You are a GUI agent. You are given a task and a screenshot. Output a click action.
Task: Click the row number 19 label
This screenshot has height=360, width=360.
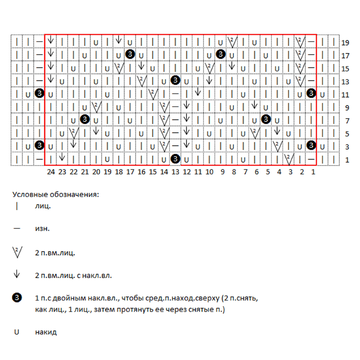pyautogui.click(x=345, y=43)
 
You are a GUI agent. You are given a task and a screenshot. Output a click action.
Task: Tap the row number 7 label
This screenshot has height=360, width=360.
pyautogui.click(x=347, y=121)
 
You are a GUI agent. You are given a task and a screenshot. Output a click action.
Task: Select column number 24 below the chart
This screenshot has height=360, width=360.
pyautogui.click(x=51, y=172)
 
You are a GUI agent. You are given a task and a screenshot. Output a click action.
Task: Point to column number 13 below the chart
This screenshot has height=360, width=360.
pyautogui.click(x=175, y=172)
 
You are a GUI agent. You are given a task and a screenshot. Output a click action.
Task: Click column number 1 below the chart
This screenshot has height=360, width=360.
pyautogui.click(x=313, y=172)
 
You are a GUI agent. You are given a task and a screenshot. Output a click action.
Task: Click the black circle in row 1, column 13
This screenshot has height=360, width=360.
pyautogui.click(x=175, y=158)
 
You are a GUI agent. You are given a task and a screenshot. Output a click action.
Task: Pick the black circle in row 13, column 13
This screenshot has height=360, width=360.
pyautogui.click(x=175, y=80)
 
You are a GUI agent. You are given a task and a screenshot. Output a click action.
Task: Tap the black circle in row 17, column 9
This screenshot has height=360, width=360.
pyautogui.click(x=220, y=54)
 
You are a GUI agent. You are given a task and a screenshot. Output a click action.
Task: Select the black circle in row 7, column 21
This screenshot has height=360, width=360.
pyautogui.click(x=85, y=119)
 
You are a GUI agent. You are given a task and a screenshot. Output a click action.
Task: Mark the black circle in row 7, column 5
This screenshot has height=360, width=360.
pyautogui.click(x=266, y=119)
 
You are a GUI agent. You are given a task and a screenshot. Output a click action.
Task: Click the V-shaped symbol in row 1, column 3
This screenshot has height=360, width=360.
pyautogui.click(x=289, y=159)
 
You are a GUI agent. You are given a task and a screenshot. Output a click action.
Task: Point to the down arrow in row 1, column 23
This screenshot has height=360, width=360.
pyautogui.click(x=62, y=157)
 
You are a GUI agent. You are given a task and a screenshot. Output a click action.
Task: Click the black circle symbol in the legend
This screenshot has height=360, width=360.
pyautogui.click(x=17, y=298)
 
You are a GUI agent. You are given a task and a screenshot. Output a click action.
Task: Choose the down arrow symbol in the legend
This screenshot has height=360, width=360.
pyautogui.click(x=17, y=274)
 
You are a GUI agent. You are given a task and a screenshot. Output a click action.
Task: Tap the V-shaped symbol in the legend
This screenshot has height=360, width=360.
pyautogui.click(x=17, y=252)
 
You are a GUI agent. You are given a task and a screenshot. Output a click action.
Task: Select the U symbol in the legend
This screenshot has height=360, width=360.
pyautogui.click(x=16, y=332)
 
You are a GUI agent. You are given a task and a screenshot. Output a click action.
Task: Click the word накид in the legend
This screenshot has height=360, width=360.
pyautogui.click(x=46, y=332)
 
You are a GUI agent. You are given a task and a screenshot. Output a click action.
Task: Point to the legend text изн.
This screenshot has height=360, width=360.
pyautogui.click(x=42, y=229)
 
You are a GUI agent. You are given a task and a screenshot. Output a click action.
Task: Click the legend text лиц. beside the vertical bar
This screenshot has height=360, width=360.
pyautogui.click(x=43, y=206)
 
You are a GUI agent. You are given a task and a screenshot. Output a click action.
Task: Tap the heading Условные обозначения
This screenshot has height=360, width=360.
pyautogui.click(x=55, y=194)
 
